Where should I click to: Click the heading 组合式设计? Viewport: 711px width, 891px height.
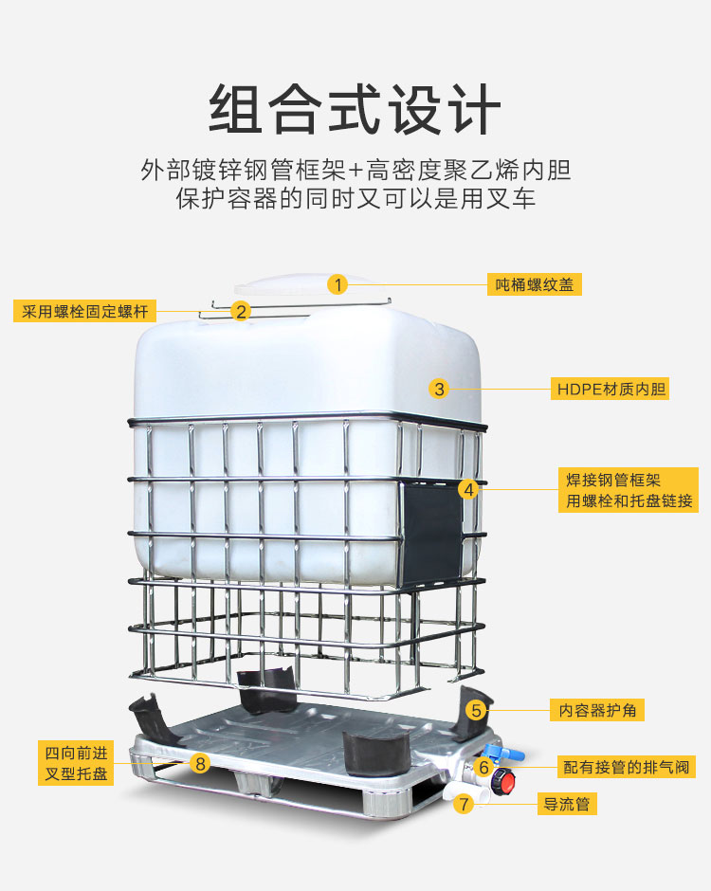(355, 109)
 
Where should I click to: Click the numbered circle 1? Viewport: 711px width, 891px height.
(337, 284)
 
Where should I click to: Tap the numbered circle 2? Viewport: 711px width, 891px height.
(241, 311)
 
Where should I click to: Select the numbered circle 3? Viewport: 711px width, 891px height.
(439, 389)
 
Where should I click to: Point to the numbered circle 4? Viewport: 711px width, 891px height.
(469, 489)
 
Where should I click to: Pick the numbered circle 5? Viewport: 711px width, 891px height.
(476, 710)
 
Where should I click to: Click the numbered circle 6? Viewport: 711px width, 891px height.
(483, 767)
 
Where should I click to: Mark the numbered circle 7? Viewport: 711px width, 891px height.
(465, 804)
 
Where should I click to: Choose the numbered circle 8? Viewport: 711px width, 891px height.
(200, 763)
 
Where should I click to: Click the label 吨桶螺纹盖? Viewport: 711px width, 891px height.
(535, 284)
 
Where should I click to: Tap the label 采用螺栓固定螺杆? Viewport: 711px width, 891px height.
(84, 311)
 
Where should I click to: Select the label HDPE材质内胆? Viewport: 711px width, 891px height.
(610, 389)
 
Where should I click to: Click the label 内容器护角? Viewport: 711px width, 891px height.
(596, 710)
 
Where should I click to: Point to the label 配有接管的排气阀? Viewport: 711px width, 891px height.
(626, 767)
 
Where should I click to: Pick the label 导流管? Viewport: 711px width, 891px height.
(567, 804)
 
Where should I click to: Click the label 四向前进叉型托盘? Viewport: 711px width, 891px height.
(76, 763)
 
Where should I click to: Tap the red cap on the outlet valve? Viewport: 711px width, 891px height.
(503, 781)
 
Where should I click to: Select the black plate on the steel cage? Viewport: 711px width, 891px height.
(431, 533)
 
